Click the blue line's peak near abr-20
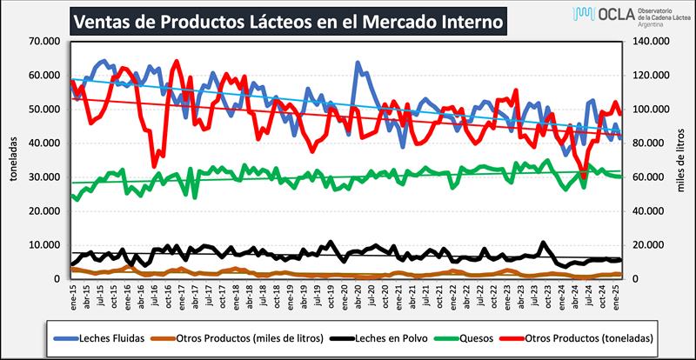click(358, 63)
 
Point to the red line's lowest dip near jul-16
click(154, 165)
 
